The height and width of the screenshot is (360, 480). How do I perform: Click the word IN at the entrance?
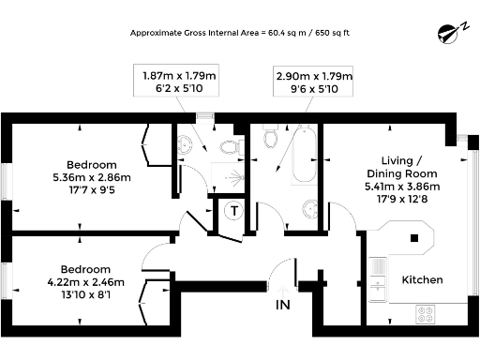282,305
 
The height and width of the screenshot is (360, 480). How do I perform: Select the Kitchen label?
422,280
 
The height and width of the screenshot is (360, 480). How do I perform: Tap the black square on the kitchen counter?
413,237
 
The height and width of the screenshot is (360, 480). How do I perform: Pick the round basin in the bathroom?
307,207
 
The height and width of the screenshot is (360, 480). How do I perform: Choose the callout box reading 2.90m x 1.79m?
313,81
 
